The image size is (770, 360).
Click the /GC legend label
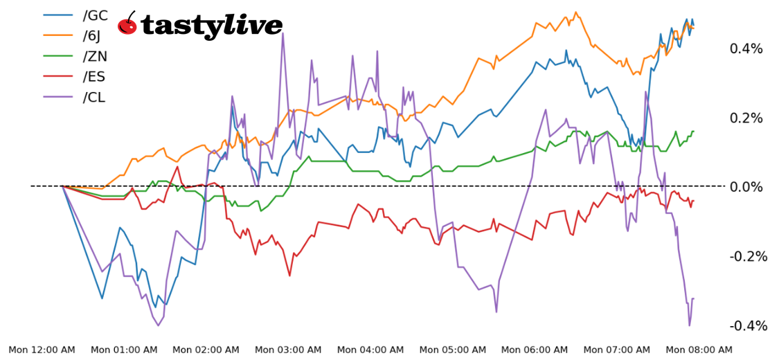95,15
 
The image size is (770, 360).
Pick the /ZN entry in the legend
95,56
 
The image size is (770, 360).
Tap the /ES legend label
94,77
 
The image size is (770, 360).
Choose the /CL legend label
94,98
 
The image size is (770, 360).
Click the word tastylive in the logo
211,26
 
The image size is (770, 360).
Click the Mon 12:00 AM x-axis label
42,350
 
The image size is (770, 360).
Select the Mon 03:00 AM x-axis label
288,350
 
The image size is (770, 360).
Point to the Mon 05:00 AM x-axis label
452,350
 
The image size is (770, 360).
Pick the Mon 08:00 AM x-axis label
699,350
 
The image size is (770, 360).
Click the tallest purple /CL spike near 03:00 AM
283,33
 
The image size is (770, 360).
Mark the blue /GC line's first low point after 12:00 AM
102,298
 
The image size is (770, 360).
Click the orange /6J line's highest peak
575,12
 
